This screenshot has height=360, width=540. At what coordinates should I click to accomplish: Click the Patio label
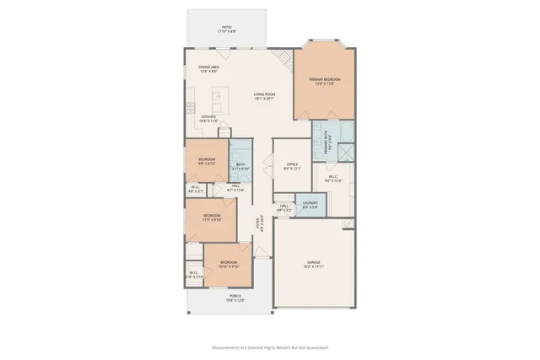point(226,30)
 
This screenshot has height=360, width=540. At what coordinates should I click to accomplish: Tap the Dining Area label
point(209,68)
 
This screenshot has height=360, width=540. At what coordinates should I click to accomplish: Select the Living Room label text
point(265,96)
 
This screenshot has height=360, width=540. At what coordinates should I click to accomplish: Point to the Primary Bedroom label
point(325,81)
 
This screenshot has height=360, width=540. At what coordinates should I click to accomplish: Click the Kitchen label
point(208,119)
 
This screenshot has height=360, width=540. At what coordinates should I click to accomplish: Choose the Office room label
point(292,166)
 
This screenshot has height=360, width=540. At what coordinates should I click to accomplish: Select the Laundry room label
point(310,204)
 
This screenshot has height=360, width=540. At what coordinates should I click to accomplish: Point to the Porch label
point(235,298)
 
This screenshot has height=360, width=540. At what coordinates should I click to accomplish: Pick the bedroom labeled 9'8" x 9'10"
point(207,161)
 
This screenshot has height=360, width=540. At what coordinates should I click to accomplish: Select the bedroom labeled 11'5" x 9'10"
point(212,218)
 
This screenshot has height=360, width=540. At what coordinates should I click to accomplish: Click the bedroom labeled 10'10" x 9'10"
point(229,265)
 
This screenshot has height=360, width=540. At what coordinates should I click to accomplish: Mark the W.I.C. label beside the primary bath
point(332,178)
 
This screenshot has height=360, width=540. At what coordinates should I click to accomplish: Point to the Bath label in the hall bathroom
point(240,166)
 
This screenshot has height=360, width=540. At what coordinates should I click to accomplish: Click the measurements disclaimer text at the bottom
point(270,347)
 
